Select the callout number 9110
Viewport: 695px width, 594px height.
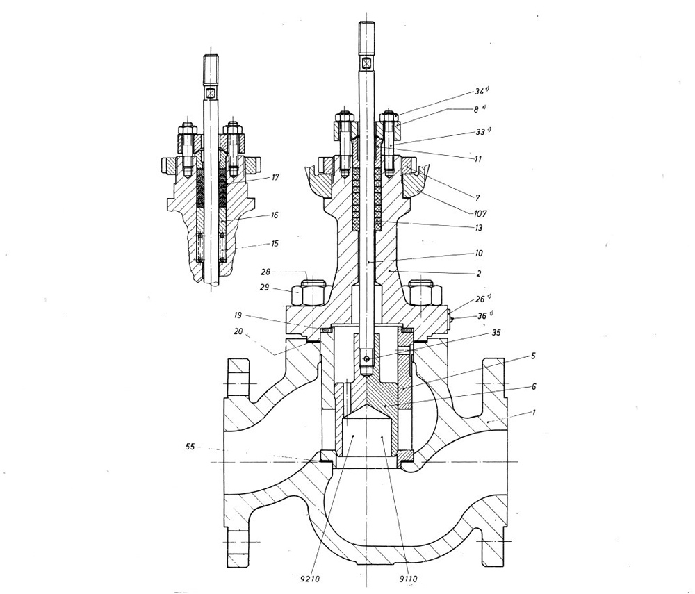pyautogui.click(x=410, y=577)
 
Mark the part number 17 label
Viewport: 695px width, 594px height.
pyautogui.click(x=275, y=178)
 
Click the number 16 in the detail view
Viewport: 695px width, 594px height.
pyautogui.click(x=275, y=215)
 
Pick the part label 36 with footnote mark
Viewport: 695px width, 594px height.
pyautogui.click(x=481, y=315)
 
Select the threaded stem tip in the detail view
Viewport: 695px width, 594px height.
pyautogui.click(x=211, y=68)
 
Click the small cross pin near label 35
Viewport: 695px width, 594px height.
pyautogui.click(x=368, y=358)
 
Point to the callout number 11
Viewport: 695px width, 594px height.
pyautogui.click(x=478, y=159)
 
